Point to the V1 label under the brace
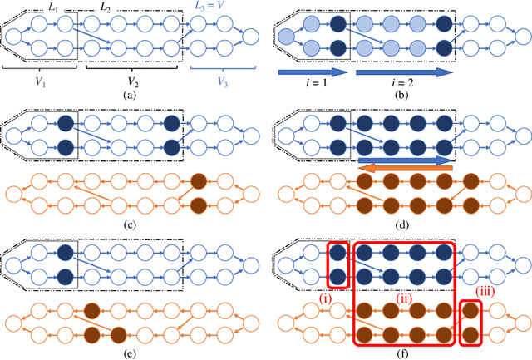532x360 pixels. point(39,81)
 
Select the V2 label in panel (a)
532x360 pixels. point(133,81)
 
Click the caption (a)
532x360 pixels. point(130,96)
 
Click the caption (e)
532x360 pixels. point(130,353)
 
